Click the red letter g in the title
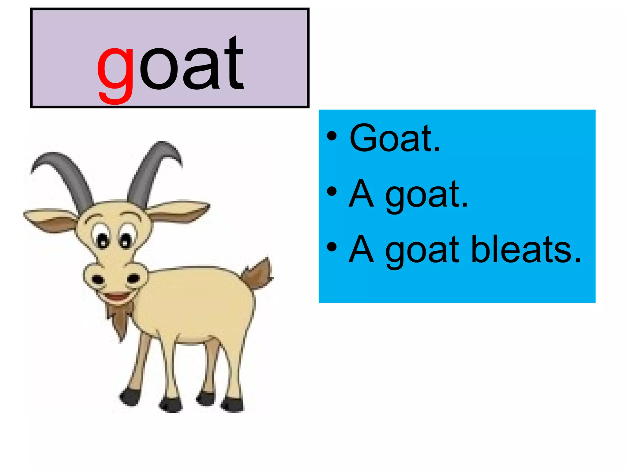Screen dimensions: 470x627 point(115,73)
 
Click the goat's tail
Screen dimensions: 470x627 point(259,274)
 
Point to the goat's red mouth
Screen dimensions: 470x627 point(118,296)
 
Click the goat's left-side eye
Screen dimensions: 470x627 point(103,240)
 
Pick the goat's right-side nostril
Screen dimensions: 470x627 point(133,278)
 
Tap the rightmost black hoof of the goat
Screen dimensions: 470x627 point(234,404)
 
